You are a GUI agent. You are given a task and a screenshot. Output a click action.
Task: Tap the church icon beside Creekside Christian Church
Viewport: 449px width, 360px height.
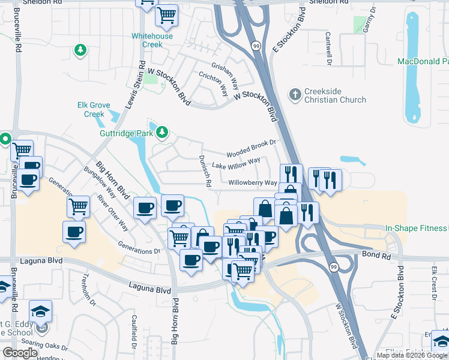[x=295, y=94]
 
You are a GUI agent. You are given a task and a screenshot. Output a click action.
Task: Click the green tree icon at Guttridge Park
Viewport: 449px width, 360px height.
[x=161, y=131]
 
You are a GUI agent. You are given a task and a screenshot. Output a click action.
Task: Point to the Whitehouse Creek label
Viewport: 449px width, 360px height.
[x=152, y=40]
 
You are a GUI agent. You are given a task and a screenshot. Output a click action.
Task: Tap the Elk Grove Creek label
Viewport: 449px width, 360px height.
[x=91, y=109]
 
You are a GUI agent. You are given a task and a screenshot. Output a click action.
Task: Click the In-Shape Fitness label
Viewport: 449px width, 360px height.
[x=416, y=228]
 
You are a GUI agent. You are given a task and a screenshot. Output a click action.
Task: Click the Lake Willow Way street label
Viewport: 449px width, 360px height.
[x=237, y=163]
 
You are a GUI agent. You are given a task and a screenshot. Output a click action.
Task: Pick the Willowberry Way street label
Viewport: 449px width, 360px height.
[x=253, y=182]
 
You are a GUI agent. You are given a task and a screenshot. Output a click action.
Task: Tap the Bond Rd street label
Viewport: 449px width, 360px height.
[x=376, y=255]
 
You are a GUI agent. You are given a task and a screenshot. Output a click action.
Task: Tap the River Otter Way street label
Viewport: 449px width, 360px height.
[x=113, y=212]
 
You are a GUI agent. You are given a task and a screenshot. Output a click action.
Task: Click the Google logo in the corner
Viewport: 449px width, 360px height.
[x=20, y=352]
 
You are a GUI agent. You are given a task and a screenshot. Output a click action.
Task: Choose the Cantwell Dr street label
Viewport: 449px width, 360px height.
[x=329, y=49]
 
